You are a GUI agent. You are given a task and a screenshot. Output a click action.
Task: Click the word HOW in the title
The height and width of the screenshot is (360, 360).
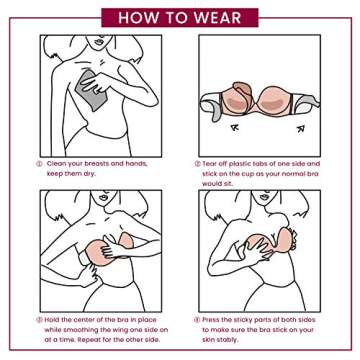click(x=137, y=17)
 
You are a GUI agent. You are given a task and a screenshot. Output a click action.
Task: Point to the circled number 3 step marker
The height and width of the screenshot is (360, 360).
click(x=41, y=320)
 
